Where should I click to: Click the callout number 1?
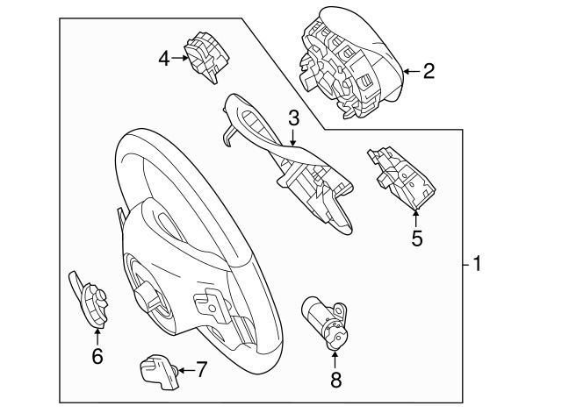tap(477, 263)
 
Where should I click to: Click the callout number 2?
tap(428, 70)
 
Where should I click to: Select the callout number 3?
tap(293, 117)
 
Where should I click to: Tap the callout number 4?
tap(164, 59)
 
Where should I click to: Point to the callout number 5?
tap(417, 237)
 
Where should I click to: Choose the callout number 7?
tap(200, 369)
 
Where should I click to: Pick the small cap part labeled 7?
tap(156, 369)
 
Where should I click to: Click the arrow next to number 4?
tap(181, 59)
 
